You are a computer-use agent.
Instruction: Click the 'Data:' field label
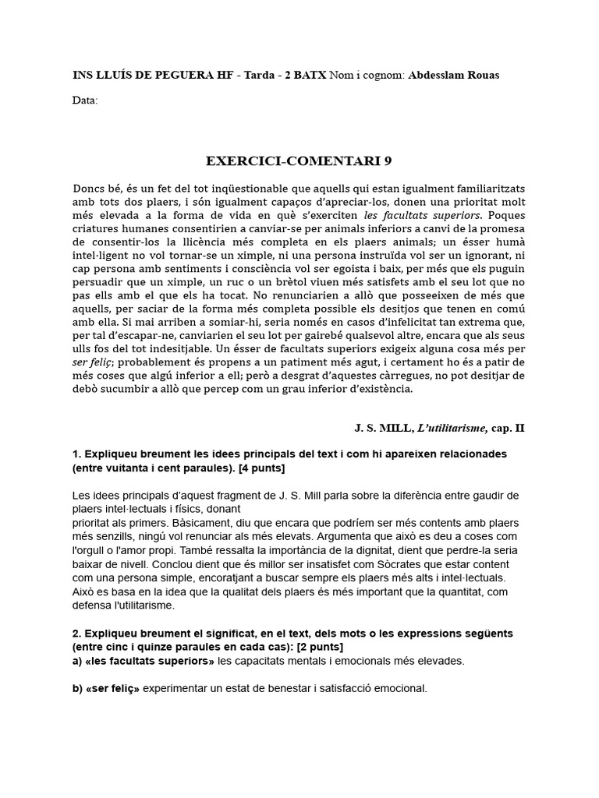85,100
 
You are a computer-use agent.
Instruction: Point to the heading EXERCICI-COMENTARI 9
299,161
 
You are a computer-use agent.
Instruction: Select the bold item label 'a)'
78,661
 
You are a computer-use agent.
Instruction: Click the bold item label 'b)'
78,689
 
